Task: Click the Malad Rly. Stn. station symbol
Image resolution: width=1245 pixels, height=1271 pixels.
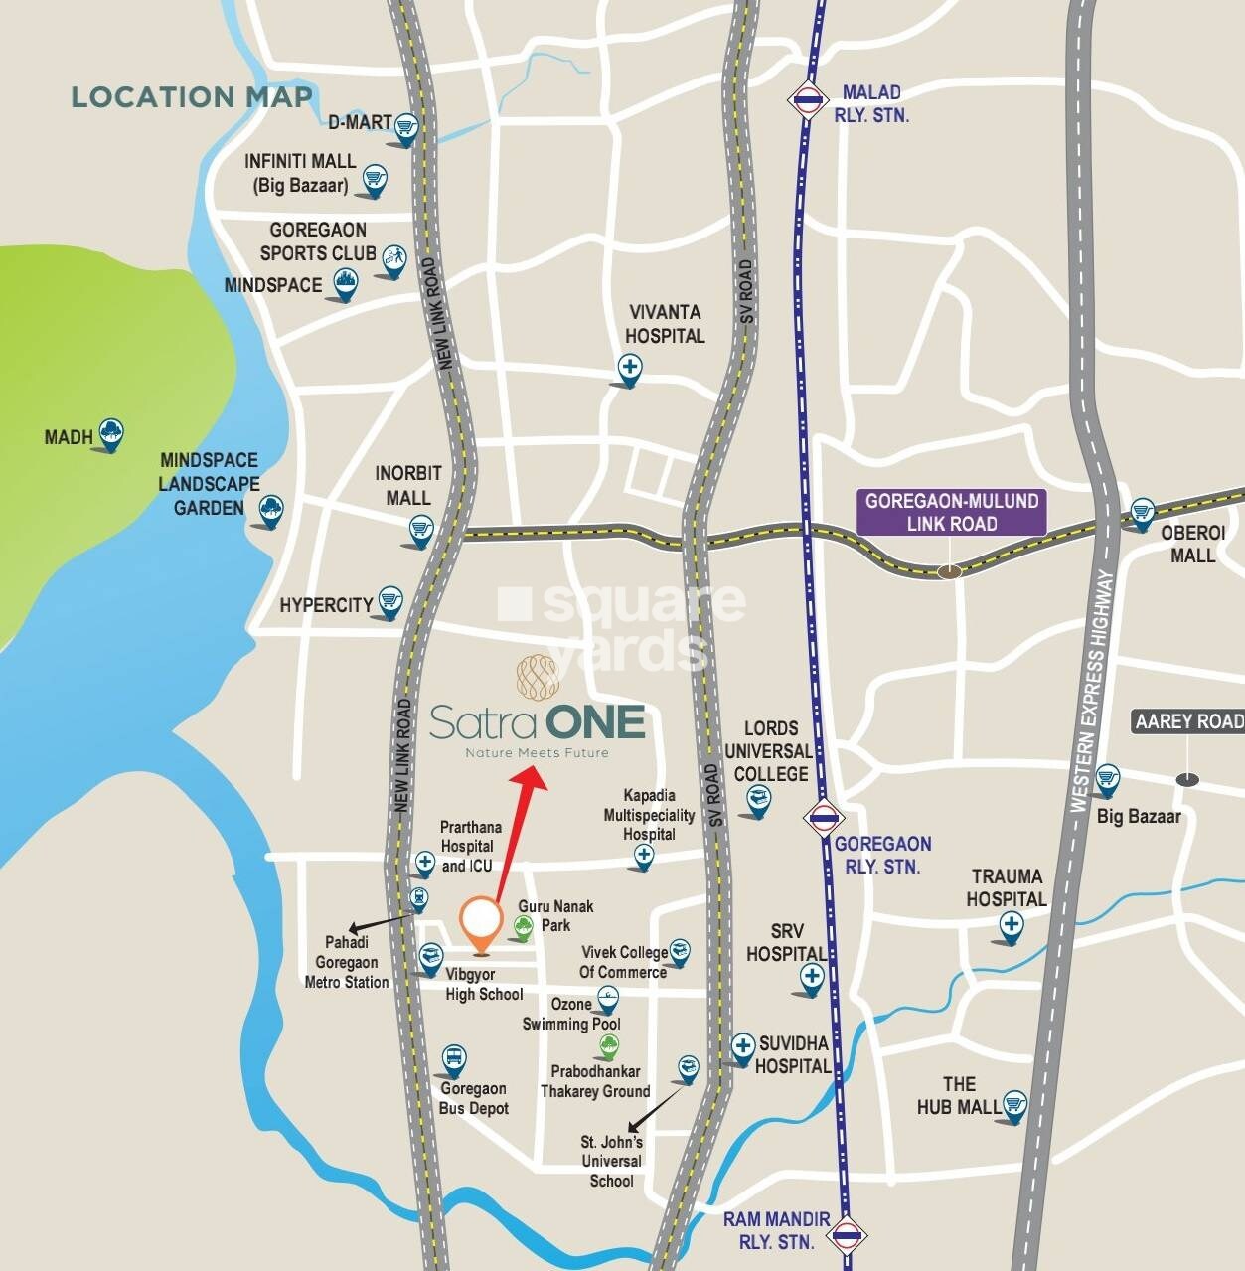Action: [806, 99]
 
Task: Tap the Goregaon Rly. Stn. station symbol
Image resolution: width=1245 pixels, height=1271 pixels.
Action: [823, 817]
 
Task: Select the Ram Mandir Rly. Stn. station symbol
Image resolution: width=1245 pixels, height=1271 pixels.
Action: [847, 1235]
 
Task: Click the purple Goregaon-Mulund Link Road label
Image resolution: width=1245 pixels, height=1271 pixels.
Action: [951, 512]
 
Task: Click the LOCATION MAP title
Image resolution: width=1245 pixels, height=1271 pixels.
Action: [192, 97]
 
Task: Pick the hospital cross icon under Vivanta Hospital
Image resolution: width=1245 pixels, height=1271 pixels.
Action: [629, 368]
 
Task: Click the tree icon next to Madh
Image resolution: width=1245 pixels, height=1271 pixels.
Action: [111, 432]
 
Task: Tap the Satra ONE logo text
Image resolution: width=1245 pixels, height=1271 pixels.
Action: [538, 721]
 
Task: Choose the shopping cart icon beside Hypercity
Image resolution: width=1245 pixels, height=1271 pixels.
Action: [390, 600]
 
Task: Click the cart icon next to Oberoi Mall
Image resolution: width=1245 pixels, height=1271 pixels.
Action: [1142, 512]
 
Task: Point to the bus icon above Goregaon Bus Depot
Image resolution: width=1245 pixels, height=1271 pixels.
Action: [453, 1058]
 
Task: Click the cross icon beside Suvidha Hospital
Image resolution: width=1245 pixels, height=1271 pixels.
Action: [742, 1046]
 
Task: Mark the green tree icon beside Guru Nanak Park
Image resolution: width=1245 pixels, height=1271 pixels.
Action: [523, 927]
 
